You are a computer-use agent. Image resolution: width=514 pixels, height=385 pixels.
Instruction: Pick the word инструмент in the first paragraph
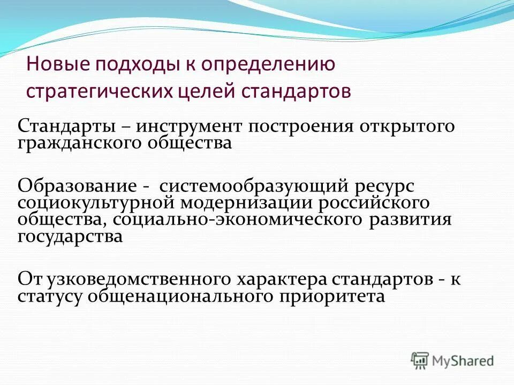point(186,128)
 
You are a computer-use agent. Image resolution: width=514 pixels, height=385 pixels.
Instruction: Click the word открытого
point(407,128)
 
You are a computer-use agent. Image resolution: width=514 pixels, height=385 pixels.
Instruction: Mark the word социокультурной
point(97,204)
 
